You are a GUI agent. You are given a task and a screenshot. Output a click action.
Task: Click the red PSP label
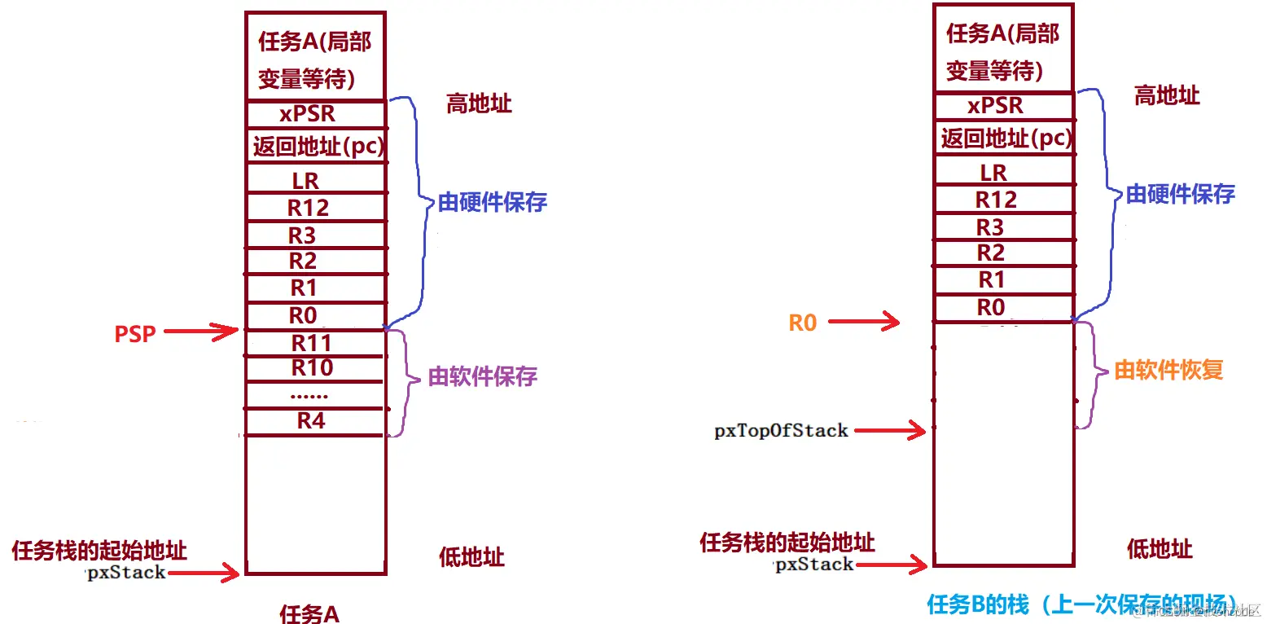pos(134,333)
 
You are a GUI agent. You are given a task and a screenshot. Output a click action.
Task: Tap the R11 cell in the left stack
pos(313,343)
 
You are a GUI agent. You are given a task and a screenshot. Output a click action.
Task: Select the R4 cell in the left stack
pos(313,421)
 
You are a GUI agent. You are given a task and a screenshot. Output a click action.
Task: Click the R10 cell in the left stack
pos(313,368)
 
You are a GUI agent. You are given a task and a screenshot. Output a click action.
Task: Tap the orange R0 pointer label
pos(802,323)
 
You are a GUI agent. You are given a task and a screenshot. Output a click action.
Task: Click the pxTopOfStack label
pos(781,431)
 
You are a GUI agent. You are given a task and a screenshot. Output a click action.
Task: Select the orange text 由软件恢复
pos(1168,370)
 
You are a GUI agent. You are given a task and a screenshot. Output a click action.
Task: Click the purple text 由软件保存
pos(483,377)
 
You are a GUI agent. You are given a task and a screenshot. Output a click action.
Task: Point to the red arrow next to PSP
pos(201,332)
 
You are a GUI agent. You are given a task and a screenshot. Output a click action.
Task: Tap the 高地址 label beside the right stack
pos(1167,95)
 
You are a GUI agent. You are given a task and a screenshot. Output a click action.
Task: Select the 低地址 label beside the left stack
pos(471,557)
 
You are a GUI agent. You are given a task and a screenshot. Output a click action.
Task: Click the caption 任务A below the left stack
pos(309,613)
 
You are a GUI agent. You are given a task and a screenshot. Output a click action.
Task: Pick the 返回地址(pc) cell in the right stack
pos(1006,138)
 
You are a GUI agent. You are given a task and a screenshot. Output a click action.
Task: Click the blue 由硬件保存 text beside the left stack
pos(493,202)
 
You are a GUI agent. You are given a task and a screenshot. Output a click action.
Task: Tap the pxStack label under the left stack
pos(126,573)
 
